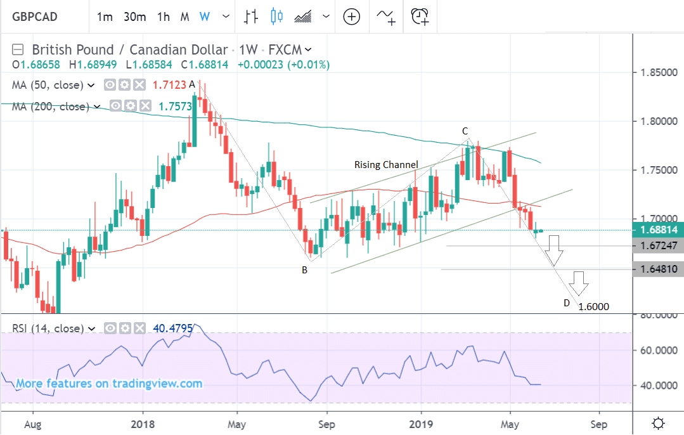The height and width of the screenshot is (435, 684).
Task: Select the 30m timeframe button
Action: pos(134,16)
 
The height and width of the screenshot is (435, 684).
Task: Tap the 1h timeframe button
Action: pos(164,16)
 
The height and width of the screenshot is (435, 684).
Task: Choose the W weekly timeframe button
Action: pos(204,16)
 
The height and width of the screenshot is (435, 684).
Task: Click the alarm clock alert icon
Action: pos(419,16)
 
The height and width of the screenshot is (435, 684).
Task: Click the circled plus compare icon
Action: pos(351,16)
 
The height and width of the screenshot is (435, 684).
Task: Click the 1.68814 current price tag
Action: pos(659,230)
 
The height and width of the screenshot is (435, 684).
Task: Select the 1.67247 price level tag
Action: pos(659,246)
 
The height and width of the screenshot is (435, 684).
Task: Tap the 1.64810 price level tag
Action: pos(659,269)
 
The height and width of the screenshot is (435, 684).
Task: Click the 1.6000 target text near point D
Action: pos(594,307)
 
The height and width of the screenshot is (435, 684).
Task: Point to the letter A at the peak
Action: pos(191,83)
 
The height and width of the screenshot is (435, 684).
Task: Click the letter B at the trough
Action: pos(305,269)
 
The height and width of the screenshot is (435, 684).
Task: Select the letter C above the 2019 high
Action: pos(465,131)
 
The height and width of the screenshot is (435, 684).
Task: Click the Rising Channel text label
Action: pos(386,165)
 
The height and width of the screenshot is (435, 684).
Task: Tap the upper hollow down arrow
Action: pos(555,250)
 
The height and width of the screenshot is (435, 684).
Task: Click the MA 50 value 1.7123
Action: pos(170,84)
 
